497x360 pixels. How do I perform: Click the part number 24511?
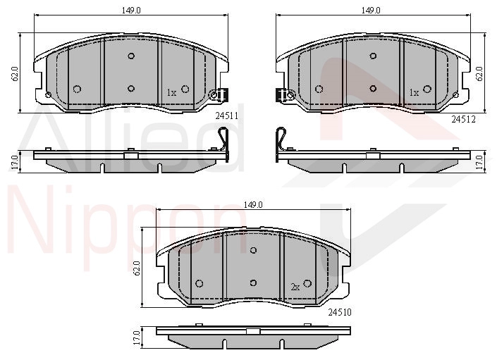(226, 116)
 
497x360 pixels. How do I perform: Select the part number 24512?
(464, 119)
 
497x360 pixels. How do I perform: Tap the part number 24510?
(340, 313)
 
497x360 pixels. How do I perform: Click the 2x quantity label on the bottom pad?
(295, 287)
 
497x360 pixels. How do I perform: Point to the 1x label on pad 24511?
(171, 93)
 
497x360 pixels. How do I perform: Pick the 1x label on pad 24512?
(414, 93)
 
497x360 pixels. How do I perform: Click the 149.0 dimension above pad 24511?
(131, 10)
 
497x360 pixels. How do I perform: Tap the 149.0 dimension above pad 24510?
(253, 205)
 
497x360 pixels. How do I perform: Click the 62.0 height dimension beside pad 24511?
(15, 74)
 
